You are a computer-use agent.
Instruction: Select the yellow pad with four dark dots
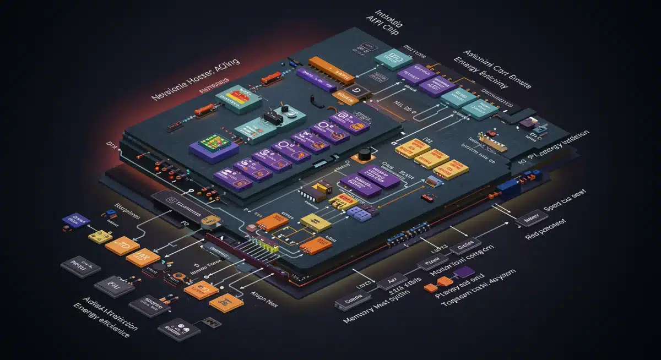(x=99, y=236)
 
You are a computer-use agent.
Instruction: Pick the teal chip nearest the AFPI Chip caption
(x=390, y=59)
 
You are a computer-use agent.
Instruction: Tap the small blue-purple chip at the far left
(x=75, y=220)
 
